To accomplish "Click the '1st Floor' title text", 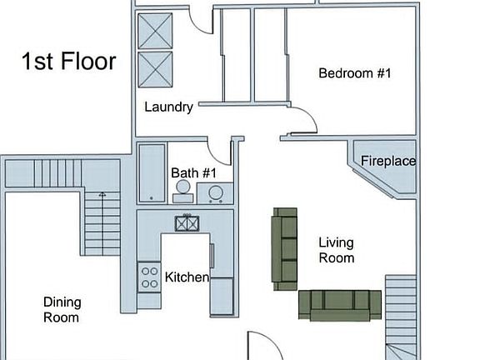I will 68,62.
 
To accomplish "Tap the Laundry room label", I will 168,107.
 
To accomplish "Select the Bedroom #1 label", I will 355,73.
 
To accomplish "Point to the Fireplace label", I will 388,161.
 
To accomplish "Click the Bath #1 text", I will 193,173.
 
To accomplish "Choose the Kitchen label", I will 187,277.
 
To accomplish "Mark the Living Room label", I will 337,250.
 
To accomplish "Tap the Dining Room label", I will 62,309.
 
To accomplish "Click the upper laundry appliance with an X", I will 154,31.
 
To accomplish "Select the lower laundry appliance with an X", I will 154,69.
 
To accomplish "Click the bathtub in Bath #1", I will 151,172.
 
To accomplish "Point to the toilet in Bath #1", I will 182,192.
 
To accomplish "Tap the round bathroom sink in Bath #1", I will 216,193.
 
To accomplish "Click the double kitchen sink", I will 187,222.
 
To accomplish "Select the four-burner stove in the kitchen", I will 149,276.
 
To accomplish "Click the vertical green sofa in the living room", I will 285,248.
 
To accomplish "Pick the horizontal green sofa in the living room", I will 340,304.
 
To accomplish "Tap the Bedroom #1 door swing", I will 303,121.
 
